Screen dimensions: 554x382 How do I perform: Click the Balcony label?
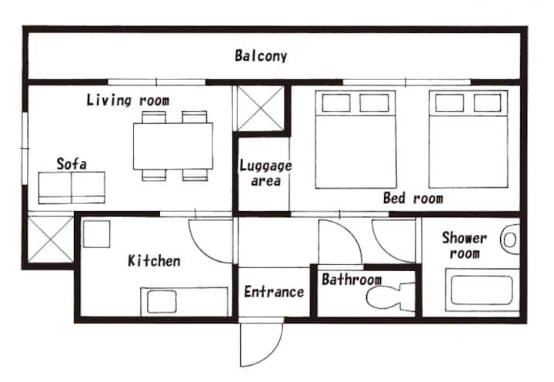pyautogui.click(x=261, y=56)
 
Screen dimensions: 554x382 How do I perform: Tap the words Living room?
pyautogui.click(x=128, y=100)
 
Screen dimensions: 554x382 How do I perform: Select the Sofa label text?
pyautogui.click(x=72, y=164)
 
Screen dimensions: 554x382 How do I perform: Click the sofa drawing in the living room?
pyautogui.click(x=72, y=188)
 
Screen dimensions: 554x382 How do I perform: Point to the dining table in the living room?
pyautogui.click(x=173, y=146)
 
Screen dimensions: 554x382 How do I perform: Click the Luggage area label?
pyautogui.click(x=265, y=173)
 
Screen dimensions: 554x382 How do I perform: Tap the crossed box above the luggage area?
pyautogui.click(x=261, y=109)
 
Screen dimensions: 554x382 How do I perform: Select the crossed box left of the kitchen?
pyautogui.click(x=51, y=240)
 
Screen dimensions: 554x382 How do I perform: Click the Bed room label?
pyautogui.click(x=413, y=198)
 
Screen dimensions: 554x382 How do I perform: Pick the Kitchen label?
pyautogui.click(x=154, y=260)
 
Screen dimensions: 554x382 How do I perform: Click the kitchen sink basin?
pyautogui.click(x=162, y=301)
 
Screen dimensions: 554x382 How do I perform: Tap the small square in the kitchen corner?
pyautogui.click(x=97, y=234)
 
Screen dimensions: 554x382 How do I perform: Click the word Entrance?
pyautogui.click(x=274, y=292)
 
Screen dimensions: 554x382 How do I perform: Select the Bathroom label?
pyautogui.click(x=352, y=280)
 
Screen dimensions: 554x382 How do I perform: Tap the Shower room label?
pyautogui.click(x=465, y=245)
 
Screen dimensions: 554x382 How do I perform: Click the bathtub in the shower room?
pyautogui.click(x=482, y=290)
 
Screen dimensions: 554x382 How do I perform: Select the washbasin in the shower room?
pyautogui.click(x=510, y=240)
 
